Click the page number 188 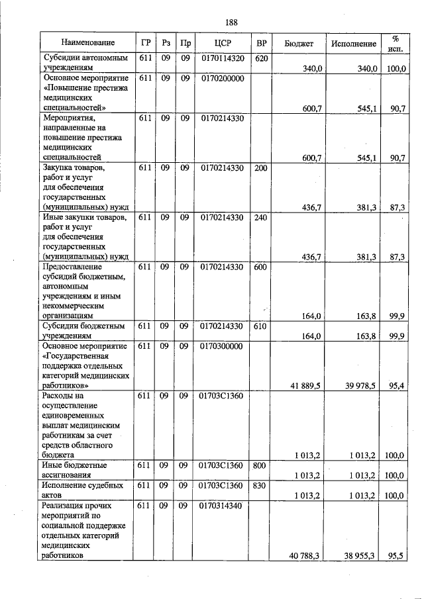[x=231, y=23]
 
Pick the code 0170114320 [x=221, y=58]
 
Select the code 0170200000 [x=221, y=78]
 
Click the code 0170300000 [x=221, y=346]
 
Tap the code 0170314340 [x=221, y=506]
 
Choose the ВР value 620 [x=261, y=58]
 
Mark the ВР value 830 [x=261, y=485]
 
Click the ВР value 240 [x=261, y=217]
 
